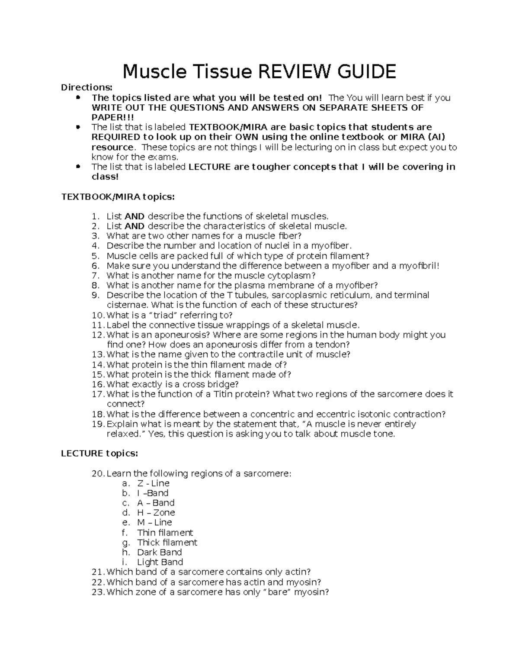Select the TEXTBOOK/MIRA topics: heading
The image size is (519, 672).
coord(118,197)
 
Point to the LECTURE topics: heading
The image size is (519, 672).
coord(99,453)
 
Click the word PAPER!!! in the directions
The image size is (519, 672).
coord(113,117)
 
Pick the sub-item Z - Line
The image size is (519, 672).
coord(153,483)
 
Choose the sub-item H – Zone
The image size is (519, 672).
coord(156,513)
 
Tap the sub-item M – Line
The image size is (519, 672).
coord(154,523)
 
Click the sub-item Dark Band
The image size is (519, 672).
coord(159,552)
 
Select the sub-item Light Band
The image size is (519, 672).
coord(160,562)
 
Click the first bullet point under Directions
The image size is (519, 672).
coord(78,98)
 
